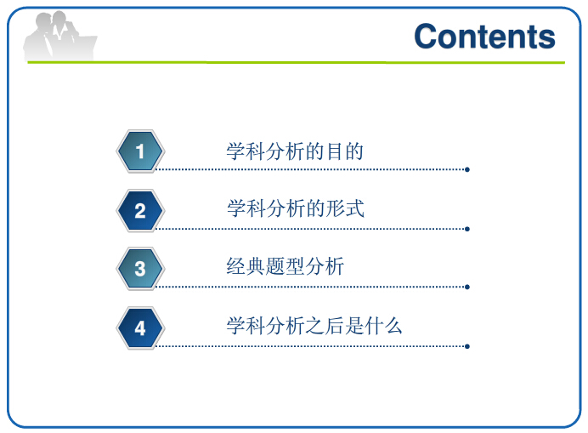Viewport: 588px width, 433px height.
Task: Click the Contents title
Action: pos(484,37)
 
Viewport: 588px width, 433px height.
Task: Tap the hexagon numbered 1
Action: pos(140,151)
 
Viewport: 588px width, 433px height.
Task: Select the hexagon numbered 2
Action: pos(140,210)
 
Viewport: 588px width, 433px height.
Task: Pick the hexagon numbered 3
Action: pos(140,269)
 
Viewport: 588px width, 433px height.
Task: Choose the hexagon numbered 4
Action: pos(140,328)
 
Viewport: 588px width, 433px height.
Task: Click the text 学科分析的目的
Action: pos(295,151)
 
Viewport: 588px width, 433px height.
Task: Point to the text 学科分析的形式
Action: pos(296,208)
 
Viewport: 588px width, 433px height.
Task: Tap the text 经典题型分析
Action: pos(286,266)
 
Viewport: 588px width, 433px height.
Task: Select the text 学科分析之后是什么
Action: pos(314,326)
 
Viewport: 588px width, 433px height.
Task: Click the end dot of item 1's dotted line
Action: pos(467,170)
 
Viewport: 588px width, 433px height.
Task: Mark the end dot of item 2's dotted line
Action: pos(467,229)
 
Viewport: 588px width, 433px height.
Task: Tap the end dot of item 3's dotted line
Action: pos(467,287)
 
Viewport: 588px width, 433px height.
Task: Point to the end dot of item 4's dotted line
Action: pos(467,346)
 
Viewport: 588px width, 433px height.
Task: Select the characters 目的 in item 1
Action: pos(345,151)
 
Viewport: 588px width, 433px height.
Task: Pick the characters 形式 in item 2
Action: pos(345,208)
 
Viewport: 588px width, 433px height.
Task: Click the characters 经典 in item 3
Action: pos(246,266)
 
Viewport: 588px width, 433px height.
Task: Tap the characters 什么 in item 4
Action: pos(383,326)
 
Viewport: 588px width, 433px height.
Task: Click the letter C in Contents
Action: pos(426,37)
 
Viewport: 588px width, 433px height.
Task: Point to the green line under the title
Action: pos(297,62)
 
